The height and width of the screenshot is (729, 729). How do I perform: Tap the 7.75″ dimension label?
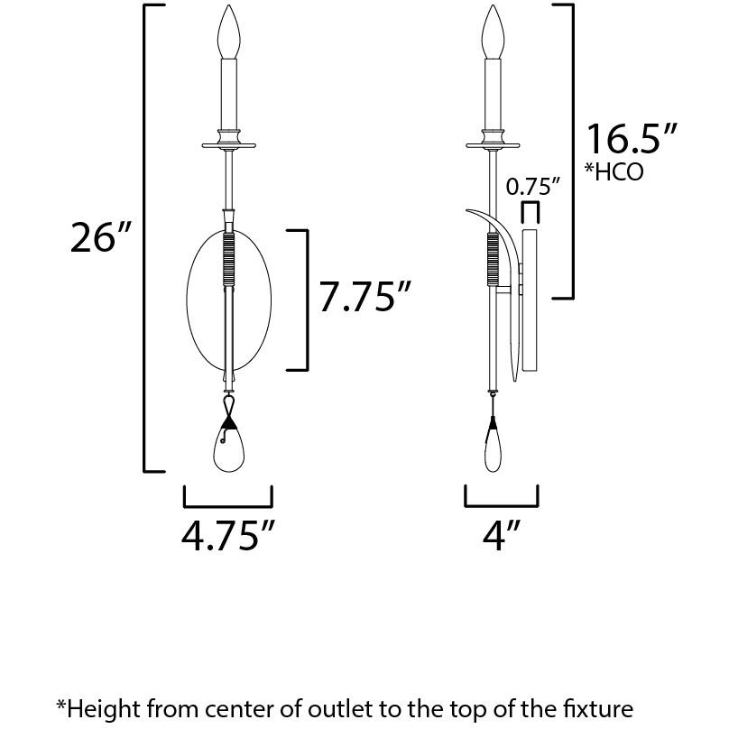[365, 296]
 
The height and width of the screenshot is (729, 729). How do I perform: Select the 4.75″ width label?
[228, 535]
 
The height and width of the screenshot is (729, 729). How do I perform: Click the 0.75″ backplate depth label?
[533, 187]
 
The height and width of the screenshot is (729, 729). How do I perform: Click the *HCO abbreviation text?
[614, 171]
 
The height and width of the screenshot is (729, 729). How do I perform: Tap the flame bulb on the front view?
[229, 32]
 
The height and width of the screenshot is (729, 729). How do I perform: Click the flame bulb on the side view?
[493, 32]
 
